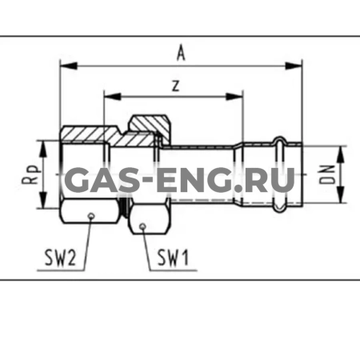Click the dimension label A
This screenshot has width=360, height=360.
click(x=181, y=53)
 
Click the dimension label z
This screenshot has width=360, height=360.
click(x=175, y=86)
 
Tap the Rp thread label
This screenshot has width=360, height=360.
click(x=30, y=174)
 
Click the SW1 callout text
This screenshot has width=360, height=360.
click(x=173, y=258)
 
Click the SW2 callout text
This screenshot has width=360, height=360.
click(x=60, y=258)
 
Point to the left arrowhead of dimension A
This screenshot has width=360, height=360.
click(x=69, y=66)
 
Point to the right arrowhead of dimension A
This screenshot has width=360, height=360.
click(x=294, y=66)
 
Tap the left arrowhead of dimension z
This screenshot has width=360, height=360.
click(x=113, y=97)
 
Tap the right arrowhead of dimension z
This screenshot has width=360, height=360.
click(x=234, y=97)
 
